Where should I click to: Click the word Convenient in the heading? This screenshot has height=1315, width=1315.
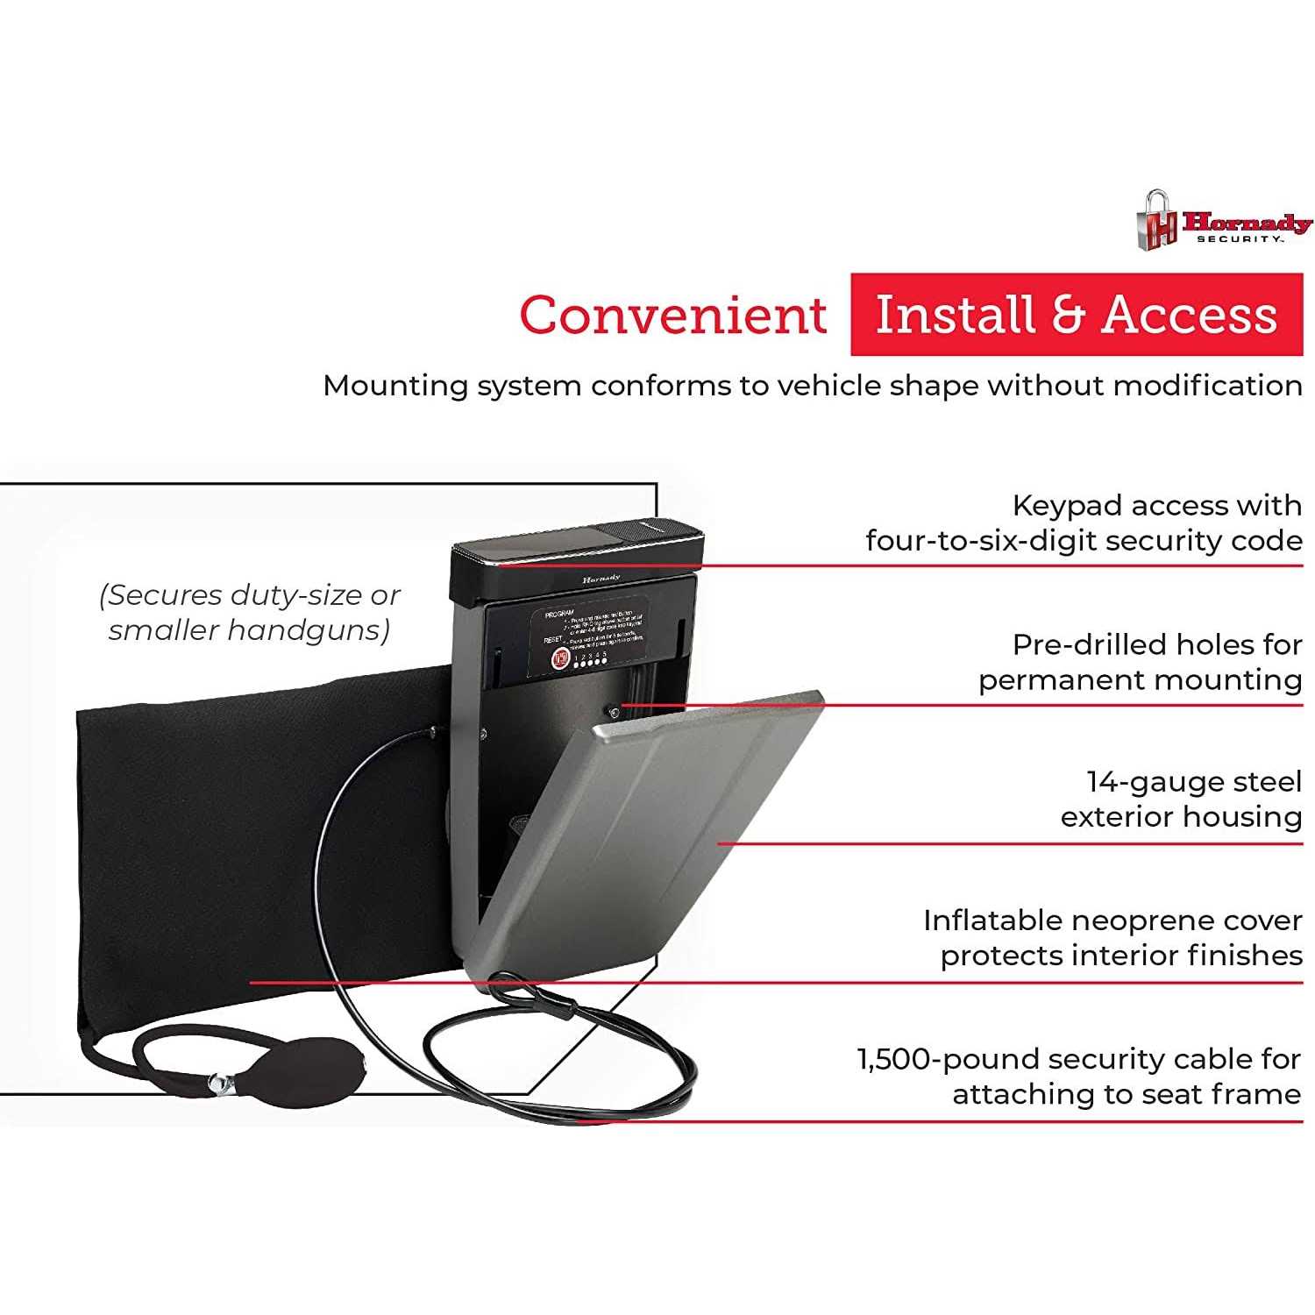pos(672,315)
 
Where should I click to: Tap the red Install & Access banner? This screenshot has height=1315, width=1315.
pos(1077,315)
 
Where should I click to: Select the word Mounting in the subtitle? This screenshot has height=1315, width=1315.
pos(395,386)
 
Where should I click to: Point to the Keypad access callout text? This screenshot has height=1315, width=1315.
pos(1084,522)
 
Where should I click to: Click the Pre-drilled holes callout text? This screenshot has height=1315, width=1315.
pos(1140,662)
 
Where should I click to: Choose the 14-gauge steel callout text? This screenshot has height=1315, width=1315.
pos(1181,799)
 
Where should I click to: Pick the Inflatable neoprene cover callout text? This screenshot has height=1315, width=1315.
pos(1112,937)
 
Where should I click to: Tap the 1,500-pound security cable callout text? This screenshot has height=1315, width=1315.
pos(1079,1076)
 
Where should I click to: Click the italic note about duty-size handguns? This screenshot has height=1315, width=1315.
pos(250,612)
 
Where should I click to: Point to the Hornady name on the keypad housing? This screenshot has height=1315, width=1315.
pos(601,579)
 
